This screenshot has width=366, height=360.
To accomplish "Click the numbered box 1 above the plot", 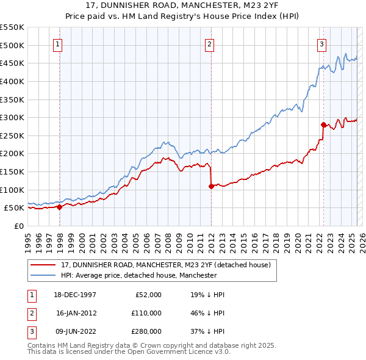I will (57, 43).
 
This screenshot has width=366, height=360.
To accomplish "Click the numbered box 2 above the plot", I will (209, 43).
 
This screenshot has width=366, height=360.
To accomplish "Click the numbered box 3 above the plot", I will (321, 43).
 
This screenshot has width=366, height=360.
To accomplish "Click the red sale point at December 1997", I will (60, 207).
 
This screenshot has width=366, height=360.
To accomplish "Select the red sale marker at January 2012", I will (211, 186).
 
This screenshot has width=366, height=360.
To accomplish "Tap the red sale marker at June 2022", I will (323, 124).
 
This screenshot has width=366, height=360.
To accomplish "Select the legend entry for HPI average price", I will (139, 275).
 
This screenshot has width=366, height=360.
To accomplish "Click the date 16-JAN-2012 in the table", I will (76, 312).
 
